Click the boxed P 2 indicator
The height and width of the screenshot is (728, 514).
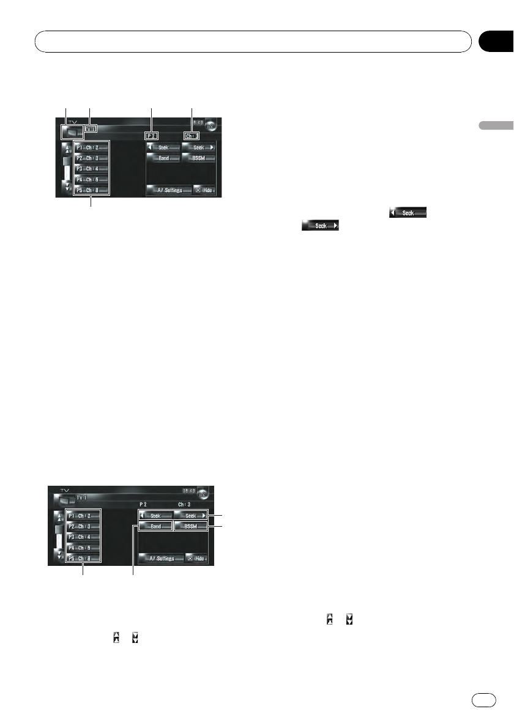click(x=152, y=136)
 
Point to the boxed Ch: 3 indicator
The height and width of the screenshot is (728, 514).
click(x=192, y=136)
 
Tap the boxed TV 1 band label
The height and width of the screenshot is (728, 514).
click(x=91, y=130)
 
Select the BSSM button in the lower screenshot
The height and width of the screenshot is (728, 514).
click(x=190, y=526)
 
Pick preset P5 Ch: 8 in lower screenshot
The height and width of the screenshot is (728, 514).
click(x=84, y=559)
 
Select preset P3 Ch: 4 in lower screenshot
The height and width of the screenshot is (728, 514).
click(x=84, y=537)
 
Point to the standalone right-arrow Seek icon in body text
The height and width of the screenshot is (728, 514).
click(x=320, y=226)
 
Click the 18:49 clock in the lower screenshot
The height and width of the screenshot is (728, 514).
click(x=190, y=491)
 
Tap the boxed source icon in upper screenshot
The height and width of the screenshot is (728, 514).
click(x=72, y=131)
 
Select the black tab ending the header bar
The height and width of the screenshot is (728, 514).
click(x=494, y=42)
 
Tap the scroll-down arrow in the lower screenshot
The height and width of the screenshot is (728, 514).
click(x=58, y=555)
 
